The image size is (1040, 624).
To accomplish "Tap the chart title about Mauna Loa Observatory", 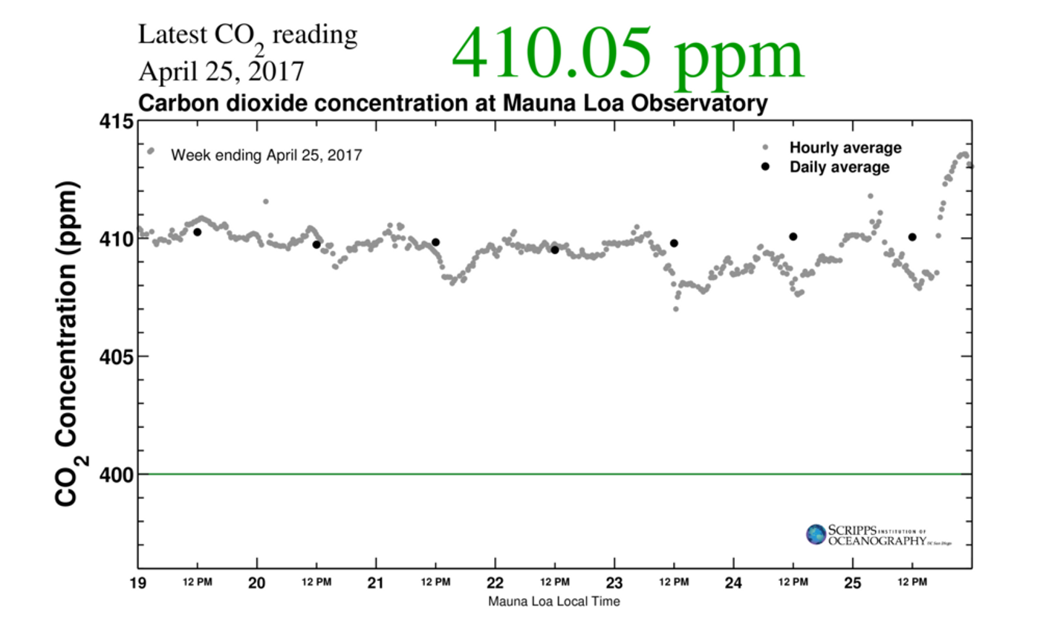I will (452, 104).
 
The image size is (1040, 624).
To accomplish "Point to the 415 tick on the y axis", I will (114, 121).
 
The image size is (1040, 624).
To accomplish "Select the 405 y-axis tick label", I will (114, 357).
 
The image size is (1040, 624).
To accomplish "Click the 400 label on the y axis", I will (114, 474).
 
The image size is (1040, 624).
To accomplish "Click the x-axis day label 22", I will (495, 582).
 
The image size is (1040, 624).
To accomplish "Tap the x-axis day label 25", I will (852, 582).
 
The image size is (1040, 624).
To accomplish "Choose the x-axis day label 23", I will (614, 582).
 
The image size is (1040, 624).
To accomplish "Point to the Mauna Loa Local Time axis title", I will (554, 601).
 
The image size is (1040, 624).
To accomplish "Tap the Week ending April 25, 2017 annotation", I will (266, 156).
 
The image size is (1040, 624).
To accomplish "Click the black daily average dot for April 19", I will (198, 233).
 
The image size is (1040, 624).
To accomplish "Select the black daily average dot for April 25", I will (912, 237).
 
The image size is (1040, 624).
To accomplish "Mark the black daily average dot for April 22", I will (555, 250).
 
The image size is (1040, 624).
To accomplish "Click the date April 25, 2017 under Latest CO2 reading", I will (221, 71).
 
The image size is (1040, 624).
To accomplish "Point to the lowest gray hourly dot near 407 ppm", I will (676, 309).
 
